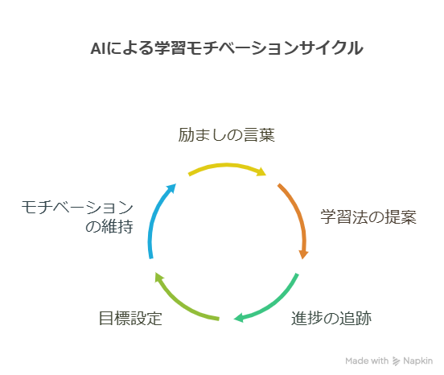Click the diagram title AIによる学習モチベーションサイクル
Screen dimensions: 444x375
[227, 47]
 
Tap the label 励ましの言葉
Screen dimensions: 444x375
[227, 135]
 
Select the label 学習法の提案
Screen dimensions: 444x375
[368, 217]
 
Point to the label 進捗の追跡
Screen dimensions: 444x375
[331, 318]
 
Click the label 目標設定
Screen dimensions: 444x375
[130, 318]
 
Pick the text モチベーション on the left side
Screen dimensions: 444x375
[77, 207]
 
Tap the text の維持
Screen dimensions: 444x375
[109, 226]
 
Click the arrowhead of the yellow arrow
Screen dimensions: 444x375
[261, 171]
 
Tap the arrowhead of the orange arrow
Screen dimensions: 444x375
[303, 254]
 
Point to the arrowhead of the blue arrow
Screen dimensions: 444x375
[171, 188]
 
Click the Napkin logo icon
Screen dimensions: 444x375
[396, 361]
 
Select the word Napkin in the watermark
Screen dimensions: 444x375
[418, 361]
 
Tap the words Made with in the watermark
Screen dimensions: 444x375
[367, 361]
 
